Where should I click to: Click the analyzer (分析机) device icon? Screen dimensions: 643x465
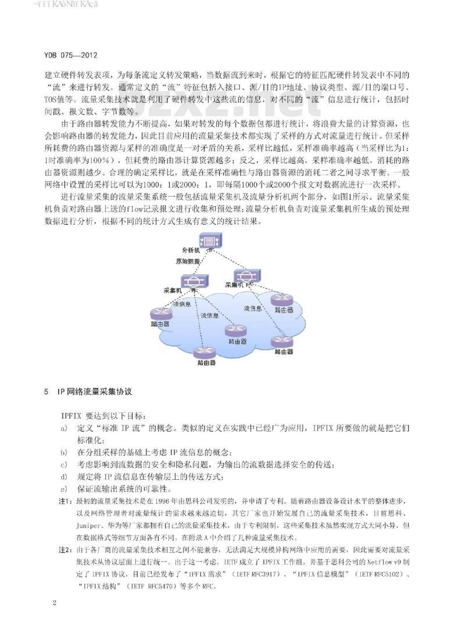[x=208, y=240]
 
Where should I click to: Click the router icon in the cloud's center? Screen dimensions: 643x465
[x=235, y=331]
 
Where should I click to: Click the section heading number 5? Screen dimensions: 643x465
[x=46, y=393]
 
